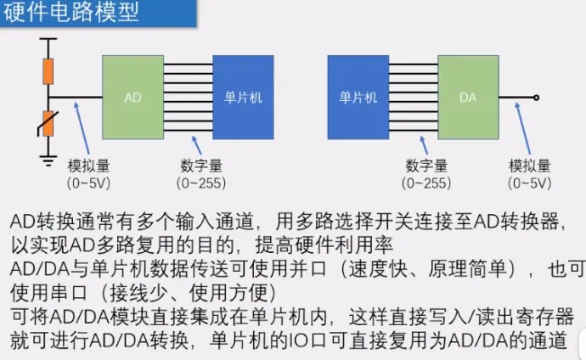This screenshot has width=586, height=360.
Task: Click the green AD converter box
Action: pyautogui.click(x=132, y=98)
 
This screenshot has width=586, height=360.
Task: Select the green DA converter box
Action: pyautogui.click(x=468, y=98)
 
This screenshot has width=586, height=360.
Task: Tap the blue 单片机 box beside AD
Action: pyautogui.click(x=243, y=98)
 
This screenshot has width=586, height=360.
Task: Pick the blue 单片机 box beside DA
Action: pyautogui.click(x=358, y=98)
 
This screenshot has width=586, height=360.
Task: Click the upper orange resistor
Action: pyautogui.click(x=48, y=71)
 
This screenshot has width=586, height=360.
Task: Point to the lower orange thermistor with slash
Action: pyautogui.click(x=48, y=124)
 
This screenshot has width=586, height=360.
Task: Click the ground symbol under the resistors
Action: pyautogui.click(x=48, y=160)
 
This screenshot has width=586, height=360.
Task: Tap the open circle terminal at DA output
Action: pyautogui.click(x=536, y=98)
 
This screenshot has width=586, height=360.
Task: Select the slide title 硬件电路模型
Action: pyautogui.click(x=71, y=12)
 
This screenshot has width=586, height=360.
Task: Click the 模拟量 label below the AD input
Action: pyautogui.click(x=88, y=166)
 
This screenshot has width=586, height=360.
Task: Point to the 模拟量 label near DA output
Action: pyautogui.click(x=530, y=166)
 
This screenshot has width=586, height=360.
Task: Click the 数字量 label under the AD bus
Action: pyautogui.click(x=201, y=166)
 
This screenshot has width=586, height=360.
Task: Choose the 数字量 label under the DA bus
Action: pyautogui.click(x=426, y=166)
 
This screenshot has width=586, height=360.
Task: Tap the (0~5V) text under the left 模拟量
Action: pyautogui.click(x=88, y=183)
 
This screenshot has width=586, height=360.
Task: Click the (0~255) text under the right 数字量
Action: pyautogui.click(x=426, y=183)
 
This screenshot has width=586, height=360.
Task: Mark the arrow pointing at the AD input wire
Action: pyautogui.click(x=82, y=128)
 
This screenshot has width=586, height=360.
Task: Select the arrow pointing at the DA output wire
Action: pyautogui.click(x=523, y=128)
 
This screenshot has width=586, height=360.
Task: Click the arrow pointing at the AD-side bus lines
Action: pyautogui.click(x=196, y=145)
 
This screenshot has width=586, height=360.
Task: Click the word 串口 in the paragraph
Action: pyautogui.click(x=69, y=293)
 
